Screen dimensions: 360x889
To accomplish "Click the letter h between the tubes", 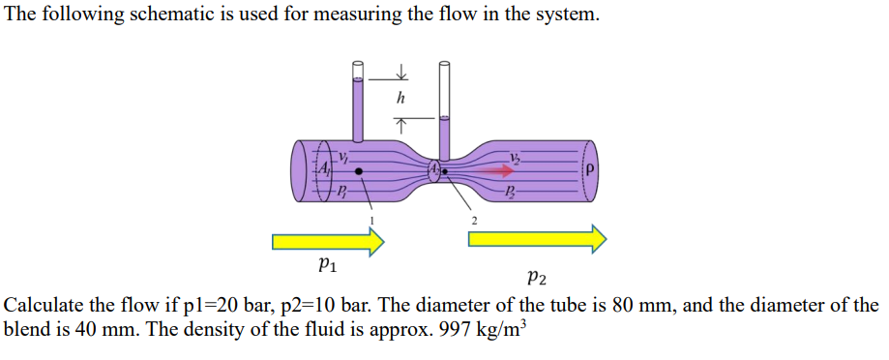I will click(400, 99).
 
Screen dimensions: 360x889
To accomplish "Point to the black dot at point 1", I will click(359, 171).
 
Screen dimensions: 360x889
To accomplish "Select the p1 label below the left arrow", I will click(326, 260).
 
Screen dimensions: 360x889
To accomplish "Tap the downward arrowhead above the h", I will click(400, 75).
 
